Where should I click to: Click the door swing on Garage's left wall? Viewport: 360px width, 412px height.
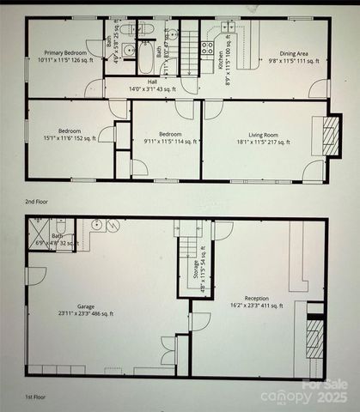pos(35,276)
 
